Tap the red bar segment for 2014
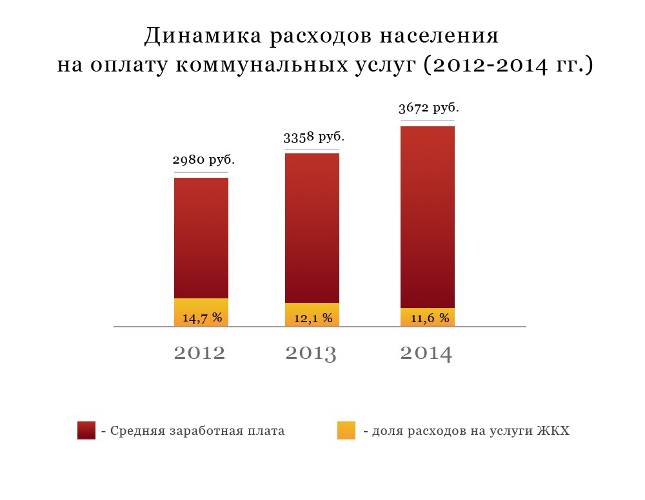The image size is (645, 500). tap(428, 216)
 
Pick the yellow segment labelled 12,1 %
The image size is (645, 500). tap(312, 315)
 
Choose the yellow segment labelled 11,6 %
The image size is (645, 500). tap(428, 317)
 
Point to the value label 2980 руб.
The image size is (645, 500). tap(204, 159)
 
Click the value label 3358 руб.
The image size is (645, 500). tap(314, 137)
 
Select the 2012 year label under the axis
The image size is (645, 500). tap(200, 353)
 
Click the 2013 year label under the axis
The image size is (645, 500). tap(311, 353)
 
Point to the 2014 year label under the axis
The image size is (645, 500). tap(426, 353)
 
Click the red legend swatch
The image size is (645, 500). tap(86, 430)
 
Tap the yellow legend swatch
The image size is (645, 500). tap(346, 430)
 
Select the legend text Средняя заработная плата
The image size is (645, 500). tap(197, 431)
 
